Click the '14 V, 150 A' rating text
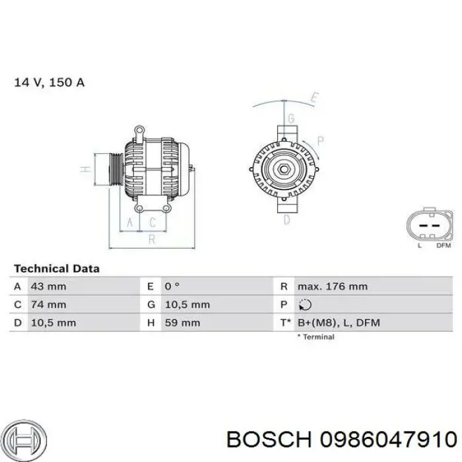pos(49,82)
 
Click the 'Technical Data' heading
pos(57,269)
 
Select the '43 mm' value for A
pos(48,286)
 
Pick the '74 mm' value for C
pos(48,304)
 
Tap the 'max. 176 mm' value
pos(332,286)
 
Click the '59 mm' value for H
pos(182,323)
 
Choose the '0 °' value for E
pos(172,286)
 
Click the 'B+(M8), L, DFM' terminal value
pos(339,323)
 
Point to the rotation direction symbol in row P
pos(304,305)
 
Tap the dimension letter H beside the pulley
pos(84,170)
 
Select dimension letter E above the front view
pos(315,99)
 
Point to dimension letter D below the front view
pos(287,220)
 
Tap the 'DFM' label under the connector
pos(444,246)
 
